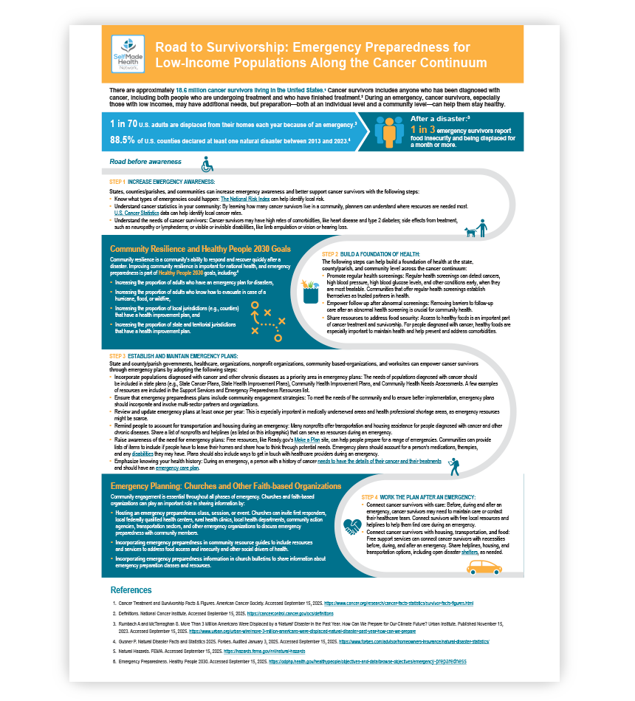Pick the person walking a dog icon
pyautogui.click(x=476, y=229)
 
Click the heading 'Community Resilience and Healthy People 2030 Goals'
pyautogui.click(x=200, y=249)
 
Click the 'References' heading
pyautogui.click(x=131, y=590)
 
